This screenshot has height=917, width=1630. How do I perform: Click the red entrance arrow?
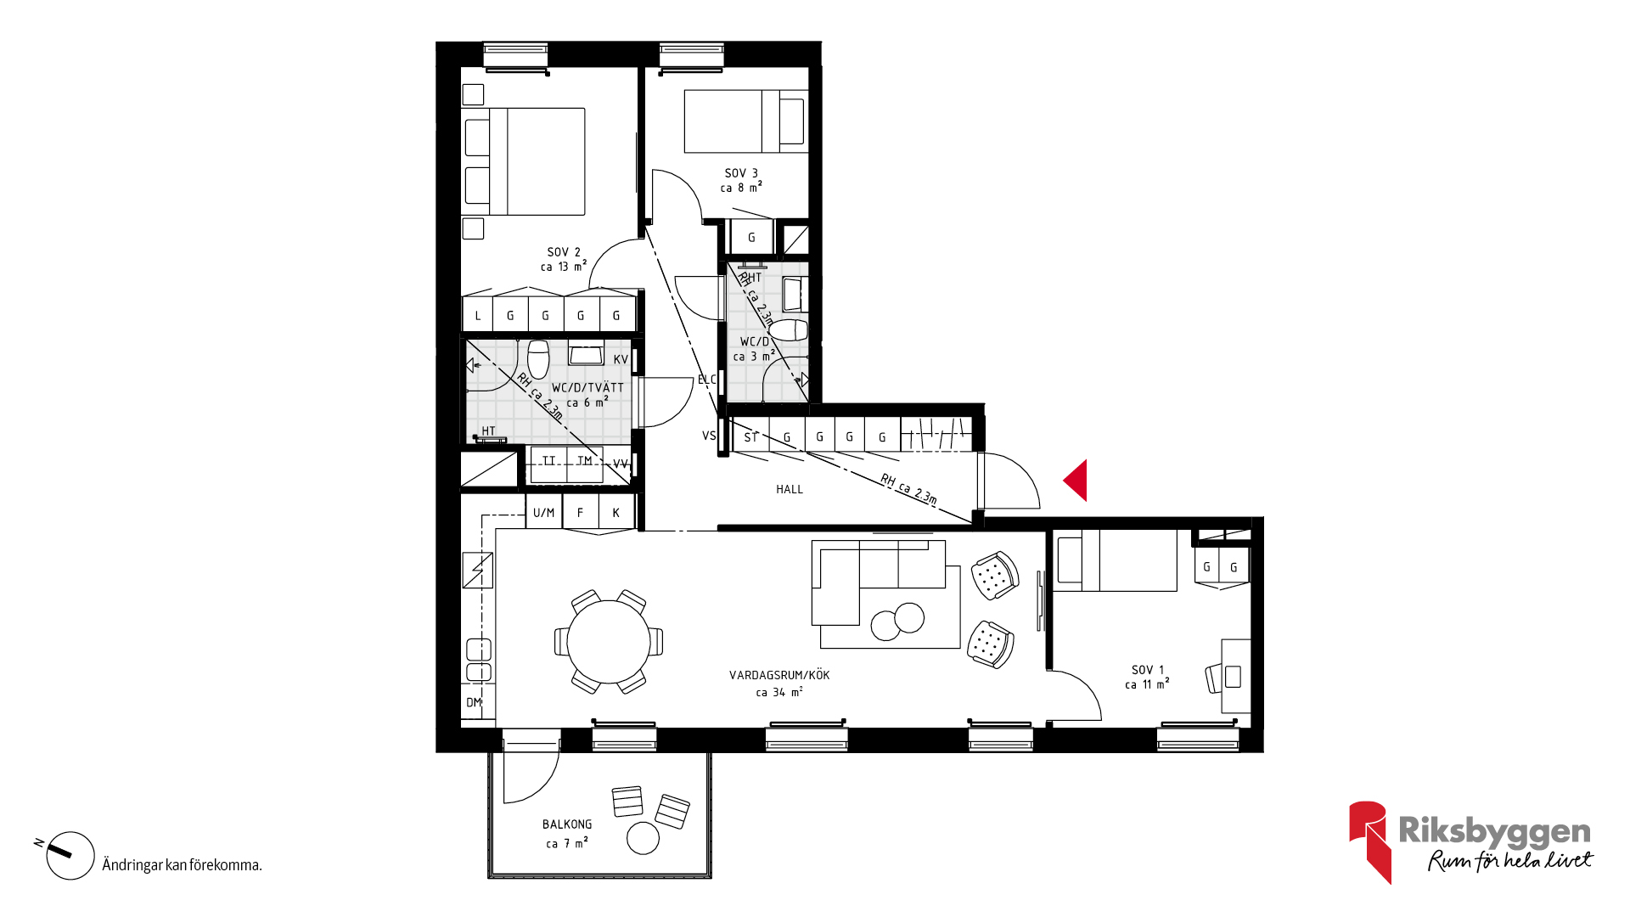1076,481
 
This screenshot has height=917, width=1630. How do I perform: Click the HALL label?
790,489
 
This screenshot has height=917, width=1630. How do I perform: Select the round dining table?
609,642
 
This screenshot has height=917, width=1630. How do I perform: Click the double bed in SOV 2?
523,161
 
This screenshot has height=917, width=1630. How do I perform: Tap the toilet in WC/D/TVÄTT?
538,358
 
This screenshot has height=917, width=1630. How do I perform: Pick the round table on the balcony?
643,838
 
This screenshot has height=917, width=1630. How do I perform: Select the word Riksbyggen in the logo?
1494,831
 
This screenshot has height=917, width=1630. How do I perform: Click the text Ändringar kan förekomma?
182,865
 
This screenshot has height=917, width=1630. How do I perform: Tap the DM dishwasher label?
474,702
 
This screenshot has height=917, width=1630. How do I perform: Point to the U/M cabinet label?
543,513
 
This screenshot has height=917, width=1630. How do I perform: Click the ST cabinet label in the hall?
750,438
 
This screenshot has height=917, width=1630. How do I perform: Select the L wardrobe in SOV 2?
478,315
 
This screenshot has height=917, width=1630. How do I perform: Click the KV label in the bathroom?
621,360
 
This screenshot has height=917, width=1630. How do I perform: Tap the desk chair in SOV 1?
1214,678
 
